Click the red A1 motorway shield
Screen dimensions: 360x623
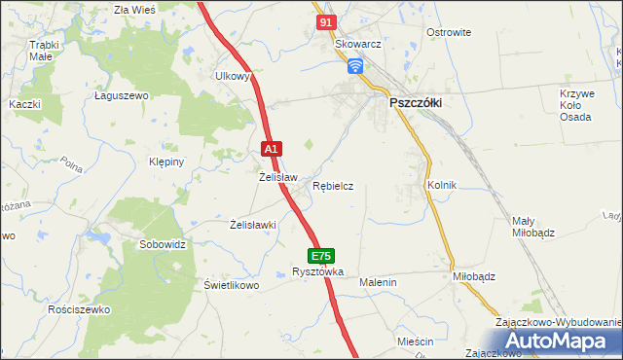click(x=273, y=149)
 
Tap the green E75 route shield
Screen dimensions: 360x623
click(x=322, y=256)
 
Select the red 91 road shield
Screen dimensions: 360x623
click(x=326, y=20)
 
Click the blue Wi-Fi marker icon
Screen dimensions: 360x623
click(x=355, y=65)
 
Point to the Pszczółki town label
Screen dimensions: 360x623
click(x=417, y=101)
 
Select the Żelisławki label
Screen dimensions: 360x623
click(x=253, y=225)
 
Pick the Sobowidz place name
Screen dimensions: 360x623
click(x=162, y=244)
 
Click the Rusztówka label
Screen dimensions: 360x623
click(x=318, y=272)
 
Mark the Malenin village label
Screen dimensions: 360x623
click(x=379, y=282)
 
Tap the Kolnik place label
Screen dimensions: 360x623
click(x=441, y=184)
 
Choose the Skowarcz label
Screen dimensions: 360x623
click(x=356, y=45)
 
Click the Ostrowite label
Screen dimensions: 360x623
click(x=449, y=32)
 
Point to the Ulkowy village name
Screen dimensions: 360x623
click(x=234, y=75)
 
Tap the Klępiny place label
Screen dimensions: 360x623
click(x=165, y=162)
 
